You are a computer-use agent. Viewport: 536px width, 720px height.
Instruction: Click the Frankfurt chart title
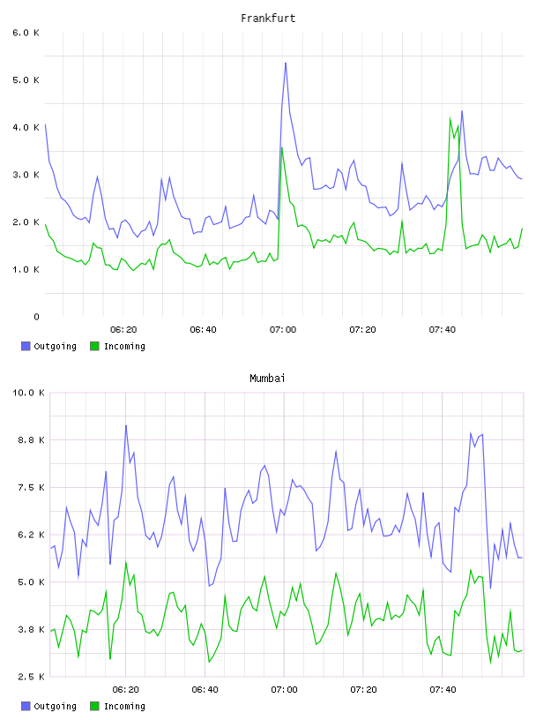(x=268, y=19)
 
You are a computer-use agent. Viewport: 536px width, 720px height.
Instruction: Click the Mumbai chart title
(x=267, y=379)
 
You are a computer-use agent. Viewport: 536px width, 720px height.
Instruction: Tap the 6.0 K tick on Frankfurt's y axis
(x=26, y=33)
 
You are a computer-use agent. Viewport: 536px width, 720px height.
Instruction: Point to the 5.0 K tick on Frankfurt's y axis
(x=26, y=80)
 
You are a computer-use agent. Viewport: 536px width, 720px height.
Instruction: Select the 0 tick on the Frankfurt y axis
(x=36, y=317)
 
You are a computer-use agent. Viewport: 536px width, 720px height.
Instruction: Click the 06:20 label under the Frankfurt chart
(x=123, y=329)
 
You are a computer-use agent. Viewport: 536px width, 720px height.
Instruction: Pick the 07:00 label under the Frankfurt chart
(x=283, y=329)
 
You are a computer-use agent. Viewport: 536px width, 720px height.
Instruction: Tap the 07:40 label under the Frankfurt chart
(x=443, y=329)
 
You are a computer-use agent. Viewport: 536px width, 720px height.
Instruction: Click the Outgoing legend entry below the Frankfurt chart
(x=49, y=346)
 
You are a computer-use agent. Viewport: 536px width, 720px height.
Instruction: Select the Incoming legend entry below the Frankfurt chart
(x=118, y=346)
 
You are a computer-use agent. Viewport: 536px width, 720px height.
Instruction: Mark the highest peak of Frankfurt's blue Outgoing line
(x=286, y=63)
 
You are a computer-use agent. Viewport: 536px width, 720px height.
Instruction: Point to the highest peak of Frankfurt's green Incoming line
(x=450, y=117)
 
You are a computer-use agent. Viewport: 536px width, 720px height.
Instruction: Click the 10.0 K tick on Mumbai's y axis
(x=28, y=393)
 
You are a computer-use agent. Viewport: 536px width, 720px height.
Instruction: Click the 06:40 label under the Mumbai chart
(x=205, y=689)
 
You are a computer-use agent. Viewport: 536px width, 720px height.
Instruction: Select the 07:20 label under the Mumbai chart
(x=363, y=689)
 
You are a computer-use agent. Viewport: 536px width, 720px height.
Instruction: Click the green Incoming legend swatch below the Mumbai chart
(x=94, y=706)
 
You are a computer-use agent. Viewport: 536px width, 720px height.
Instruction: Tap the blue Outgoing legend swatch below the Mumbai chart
(x=26, y=706)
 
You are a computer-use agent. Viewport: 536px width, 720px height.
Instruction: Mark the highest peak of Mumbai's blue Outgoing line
(x=126, y=425)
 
